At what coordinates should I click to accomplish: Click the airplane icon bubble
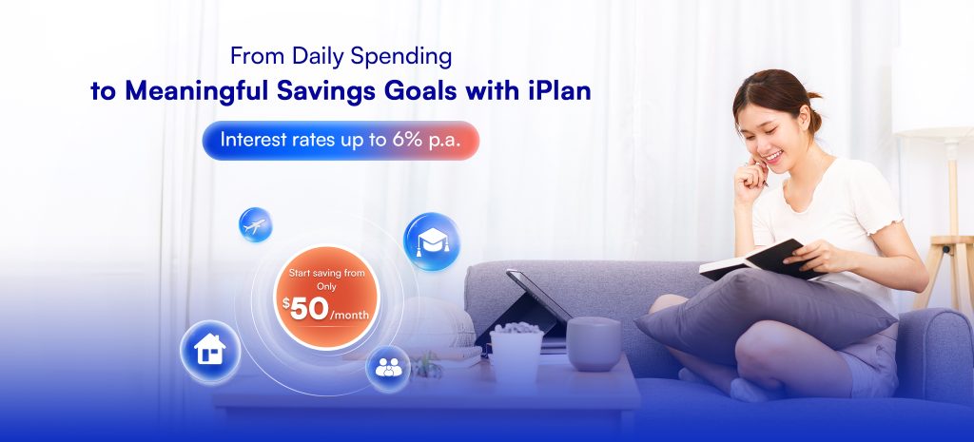tap(255, 224)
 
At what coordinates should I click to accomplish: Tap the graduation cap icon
tap(432, 241)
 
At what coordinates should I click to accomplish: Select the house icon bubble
tap(210, 351)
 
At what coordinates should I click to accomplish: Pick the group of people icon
tap(388, 368)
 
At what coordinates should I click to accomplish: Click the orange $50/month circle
tap(327, 298)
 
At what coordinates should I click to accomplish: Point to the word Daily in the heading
tap(319, 56)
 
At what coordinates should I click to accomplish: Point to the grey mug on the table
tap(594, 343)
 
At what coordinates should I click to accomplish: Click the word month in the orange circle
tap(352, 316)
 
